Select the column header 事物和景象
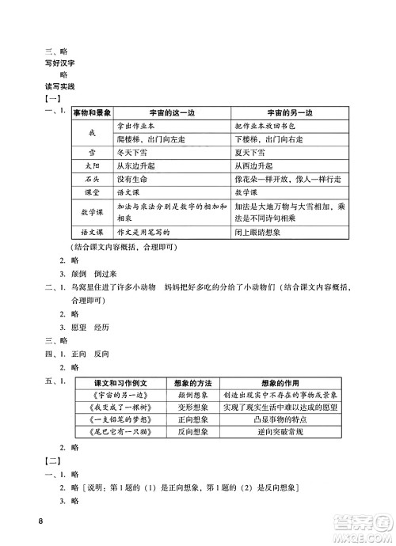click(91, 113)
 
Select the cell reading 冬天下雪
click(135, 153)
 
